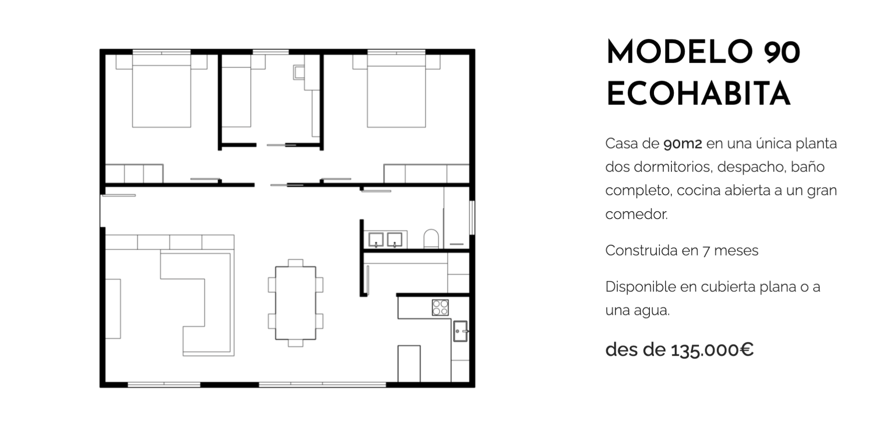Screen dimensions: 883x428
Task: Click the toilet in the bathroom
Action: click(431, 239)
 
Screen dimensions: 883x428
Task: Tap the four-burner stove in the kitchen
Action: click(440, 307)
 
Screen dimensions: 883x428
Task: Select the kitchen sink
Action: click(460, 331)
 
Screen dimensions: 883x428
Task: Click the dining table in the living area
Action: click(296, 303)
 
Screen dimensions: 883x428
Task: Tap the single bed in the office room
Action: click(236, 91)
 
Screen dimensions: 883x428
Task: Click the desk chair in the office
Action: click(299, 72)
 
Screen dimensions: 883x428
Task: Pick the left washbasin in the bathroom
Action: click(376, 240)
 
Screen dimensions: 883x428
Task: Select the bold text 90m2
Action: click(682, 144)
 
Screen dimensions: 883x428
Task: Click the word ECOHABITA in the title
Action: click(699, 94)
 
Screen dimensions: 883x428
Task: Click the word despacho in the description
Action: click(749, 167)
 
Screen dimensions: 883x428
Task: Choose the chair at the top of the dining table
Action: click(296, 263)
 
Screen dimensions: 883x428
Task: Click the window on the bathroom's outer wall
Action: click(472, 217)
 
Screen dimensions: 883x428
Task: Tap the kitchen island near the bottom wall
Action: click(409, 364)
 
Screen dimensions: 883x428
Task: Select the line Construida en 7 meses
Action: click(682, 251)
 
